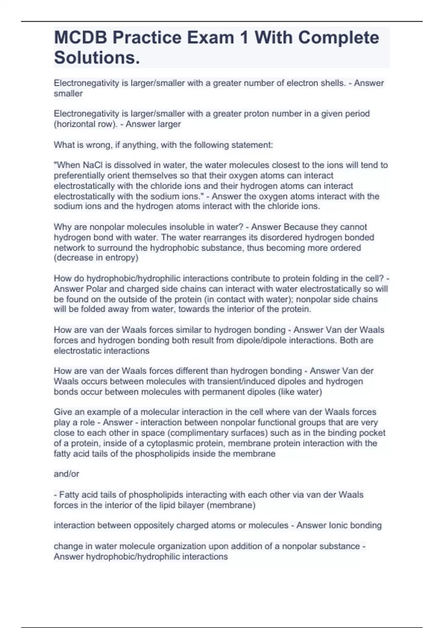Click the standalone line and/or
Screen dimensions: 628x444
coord(66,474)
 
